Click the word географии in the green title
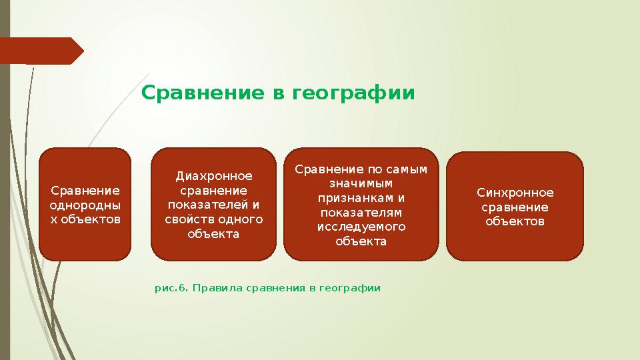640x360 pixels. pyautogui.click(x=353, y=93)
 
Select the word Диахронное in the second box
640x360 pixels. pyautogui.click(x=214, y=176)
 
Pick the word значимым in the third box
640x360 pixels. pyautogui.click(x=361, y=183)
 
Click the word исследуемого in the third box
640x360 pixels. pyautogui.click(x=361, y=227)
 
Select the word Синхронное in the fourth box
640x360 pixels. pyautogui.click(x=515, y=193)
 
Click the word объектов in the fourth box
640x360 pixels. pyautogui.click(x=515, y=221)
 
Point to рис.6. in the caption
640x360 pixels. pyautogui.click(x=170, y=288)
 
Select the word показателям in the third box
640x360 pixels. pyautogui.click(x=361, y=213)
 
